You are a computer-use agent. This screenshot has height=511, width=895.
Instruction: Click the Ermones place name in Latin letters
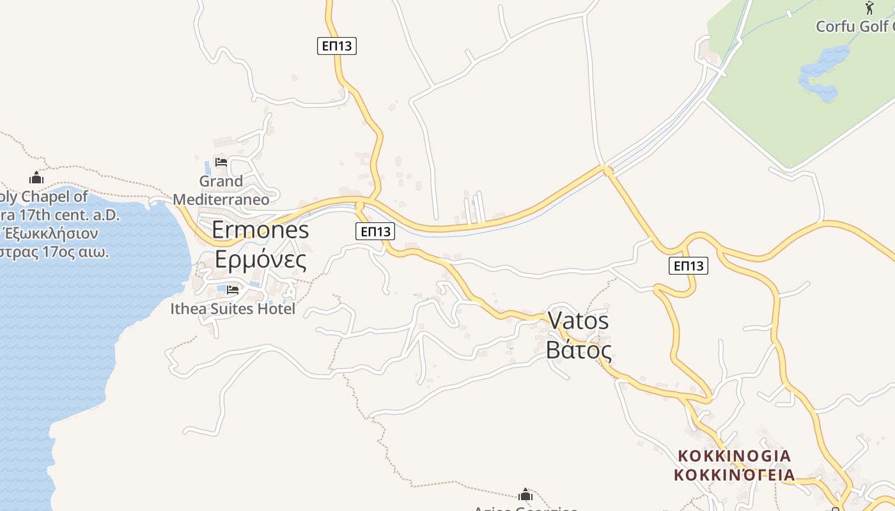260,230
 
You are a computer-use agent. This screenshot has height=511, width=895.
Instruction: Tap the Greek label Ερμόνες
260,259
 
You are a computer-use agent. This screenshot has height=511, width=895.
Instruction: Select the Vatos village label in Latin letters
579,321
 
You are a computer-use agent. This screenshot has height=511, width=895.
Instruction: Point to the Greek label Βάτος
579,350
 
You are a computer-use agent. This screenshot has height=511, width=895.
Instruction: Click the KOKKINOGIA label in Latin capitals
735,456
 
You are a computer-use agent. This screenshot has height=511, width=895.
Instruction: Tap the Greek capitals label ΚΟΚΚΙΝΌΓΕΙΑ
735,475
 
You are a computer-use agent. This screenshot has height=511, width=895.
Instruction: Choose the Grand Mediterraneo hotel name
221,190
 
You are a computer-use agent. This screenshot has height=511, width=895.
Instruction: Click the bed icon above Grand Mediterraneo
221,162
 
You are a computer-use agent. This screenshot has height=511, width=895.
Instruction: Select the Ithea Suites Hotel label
233,309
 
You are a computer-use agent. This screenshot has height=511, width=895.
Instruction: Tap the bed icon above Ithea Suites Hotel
233,290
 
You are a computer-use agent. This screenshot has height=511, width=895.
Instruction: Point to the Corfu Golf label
853,26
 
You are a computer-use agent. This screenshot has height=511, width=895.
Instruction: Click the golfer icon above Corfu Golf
869,8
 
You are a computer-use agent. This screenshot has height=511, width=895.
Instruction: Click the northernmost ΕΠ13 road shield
336,46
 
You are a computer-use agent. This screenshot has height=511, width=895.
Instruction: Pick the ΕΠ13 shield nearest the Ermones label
375,231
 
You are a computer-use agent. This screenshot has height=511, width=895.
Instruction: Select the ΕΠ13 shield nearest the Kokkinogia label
689,266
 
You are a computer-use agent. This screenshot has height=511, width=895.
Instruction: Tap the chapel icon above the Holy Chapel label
36,178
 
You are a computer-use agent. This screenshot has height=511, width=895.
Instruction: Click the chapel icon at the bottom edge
525,495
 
